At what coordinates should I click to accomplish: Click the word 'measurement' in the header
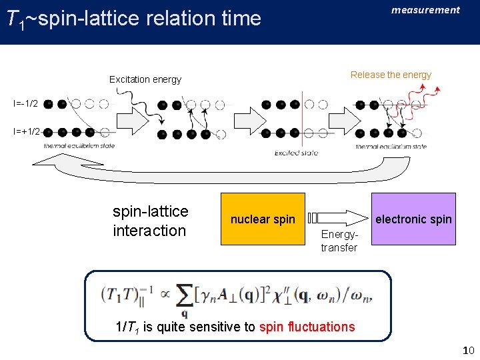[x=425, y=10]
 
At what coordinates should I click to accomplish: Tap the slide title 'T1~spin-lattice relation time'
[x=133, y=19]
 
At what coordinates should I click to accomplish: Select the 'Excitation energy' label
[x=145, y=79]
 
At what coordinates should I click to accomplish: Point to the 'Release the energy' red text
[x=391, y=75]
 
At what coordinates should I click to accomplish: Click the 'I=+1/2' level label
[x=27, y=132]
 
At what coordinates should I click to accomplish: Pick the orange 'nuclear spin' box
[x=263, y=219]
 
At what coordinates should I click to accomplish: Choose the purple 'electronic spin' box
[x=413, y=219]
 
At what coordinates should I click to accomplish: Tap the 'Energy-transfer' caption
[x=339, y=241]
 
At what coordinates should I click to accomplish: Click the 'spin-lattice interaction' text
[x=150, y=221]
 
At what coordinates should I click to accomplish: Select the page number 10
[x=467, y=350]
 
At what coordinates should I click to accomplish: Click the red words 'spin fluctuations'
[x=307, y=327]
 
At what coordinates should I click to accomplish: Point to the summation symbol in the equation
[x=185, y=297]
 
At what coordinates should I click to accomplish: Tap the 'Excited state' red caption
[x=297, y=153]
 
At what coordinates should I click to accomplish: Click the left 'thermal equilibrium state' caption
[x=79, y=146]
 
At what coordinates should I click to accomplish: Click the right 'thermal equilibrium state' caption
[x=391, y=146]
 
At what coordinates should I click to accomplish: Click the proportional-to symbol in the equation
[x=163, y=294]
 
